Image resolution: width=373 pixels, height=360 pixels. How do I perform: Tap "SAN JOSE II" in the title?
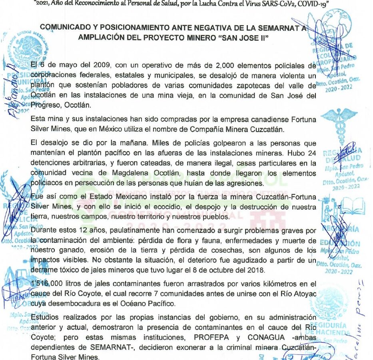pos(247,37)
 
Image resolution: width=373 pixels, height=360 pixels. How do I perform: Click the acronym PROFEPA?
pos(202,337)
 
